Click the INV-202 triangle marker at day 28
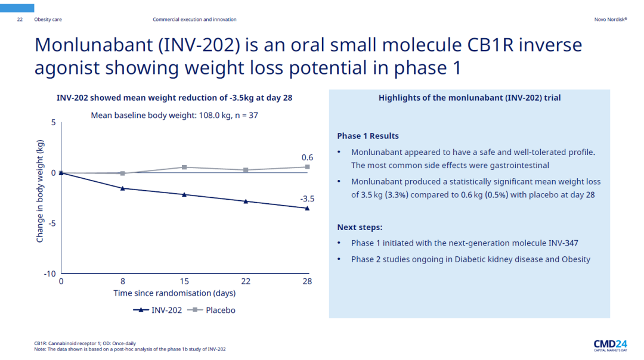coord(307,208)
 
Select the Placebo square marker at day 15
coord(184,167)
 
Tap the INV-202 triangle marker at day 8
coord(123,188)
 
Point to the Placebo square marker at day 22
coord(246,170)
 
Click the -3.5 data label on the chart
coord(306,198)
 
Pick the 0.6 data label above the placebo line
coord(307,157)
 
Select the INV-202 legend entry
coord(159,310)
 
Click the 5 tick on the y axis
coord(53,123)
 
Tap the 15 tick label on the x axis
coord(184,281)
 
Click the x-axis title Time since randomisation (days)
coord(174,293)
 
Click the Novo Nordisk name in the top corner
coord(610,20)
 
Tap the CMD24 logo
coord(610,344)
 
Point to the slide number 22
coord(20,20)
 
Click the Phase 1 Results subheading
coord(368,136)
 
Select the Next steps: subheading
coord(360,227)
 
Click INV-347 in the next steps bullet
coord(563,243)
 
